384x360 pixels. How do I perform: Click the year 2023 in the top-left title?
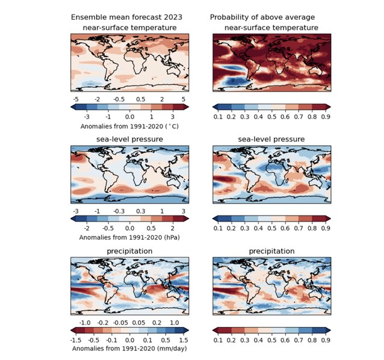click(x=173, y=17)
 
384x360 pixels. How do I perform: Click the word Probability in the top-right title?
click(x=226, y=17)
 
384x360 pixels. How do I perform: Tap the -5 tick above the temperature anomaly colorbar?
click(x=76, y=99)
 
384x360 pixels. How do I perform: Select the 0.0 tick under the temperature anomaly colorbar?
click(x=129, y=117)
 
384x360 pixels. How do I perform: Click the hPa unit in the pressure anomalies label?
click(x=173, y=237)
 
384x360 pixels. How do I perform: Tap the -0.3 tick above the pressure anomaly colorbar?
click(x=119, y=211)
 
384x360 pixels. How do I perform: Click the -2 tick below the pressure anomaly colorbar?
click(x=87, y=228)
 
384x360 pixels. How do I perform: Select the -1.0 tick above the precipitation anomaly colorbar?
click(x=85, y=323)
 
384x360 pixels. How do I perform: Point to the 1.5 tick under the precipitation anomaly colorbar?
click(x=184, y=340)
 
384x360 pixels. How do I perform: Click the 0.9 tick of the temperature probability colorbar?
click(x=326, y=117)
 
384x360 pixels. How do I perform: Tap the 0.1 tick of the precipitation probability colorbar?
click(x=218, y=340)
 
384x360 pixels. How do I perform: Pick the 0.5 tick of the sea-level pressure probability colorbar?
click(x=272, y=228)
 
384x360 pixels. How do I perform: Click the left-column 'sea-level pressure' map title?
click(x=129, y=139)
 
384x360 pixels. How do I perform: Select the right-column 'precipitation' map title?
click(x=271, y=251)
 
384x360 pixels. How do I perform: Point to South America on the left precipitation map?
click(x=111, y=291)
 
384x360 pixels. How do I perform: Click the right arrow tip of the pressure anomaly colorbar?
click(x=188, y=219)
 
